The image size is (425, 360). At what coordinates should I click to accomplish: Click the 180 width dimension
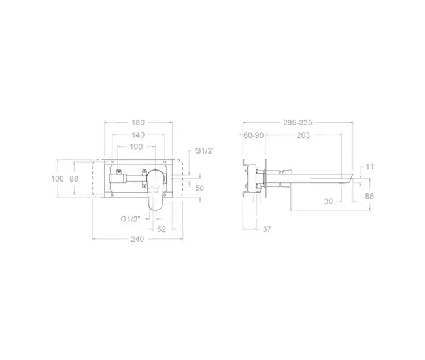[138, 122]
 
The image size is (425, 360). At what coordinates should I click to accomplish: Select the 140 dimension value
[138, 135]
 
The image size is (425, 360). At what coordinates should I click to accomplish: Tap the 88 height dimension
[74, 178]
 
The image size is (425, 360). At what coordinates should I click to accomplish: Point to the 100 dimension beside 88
[58, 178]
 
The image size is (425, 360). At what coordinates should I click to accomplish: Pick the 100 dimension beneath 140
[136, 146]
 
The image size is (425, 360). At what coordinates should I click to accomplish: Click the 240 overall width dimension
[137, 239]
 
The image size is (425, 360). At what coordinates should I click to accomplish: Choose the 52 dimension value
[161, 229]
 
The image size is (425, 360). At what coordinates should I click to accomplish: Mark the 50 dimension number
[199, 188]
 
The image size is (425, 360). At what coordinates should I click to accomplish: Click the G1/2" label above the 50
[205, 151]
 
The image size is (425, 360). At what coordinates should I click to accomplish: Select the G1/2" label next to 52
[130, 219]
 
